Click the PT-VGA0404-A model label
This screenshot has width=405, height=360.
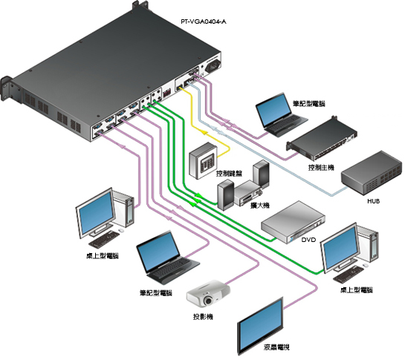click(204, 22)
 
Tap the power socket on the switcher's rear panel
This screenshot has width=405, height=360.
click(213, 67)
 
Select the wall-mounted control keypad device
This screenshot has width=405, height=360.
click(203, 161)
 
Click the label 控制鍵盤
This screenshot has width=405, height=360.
click(230, 173)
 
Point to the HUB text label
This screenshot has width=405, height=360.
click(374, 201)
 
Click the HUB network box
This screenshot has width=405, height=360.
click(372, 174)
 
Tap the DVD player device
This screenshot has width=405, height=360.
click(293, 222)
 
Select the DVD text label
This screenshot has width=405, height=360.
click(308, 240)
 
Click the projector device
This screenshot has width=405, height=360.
click(208, 294)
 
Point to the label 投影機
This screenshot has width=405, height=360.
click(203, 317)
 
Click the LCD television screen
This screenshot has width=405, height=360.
click(260, 326)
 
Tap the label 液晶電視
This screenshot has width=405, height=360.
click(276, 347)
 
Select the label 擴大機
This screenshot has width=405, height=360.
click(260, 206)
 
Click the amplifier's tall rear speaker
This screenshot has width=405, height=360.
click(261, 173)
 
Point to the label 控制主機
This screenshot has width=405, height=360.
click(321, 168)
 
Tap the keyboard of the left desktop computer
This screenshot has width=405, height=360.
click(104, 239)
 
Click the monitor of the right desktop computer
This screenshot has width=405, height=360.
click(341, 249)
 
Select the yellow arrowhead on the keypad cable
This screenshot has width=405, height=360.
click(203, 132)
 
